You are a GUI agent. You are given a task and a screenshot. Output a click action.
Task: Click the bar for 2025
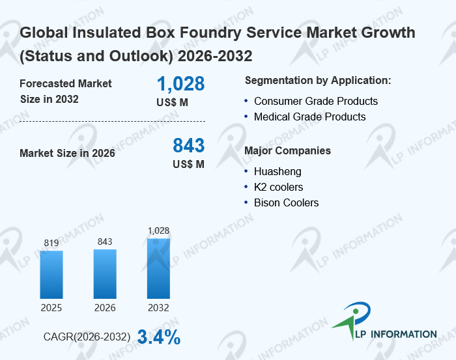tap(51, 274)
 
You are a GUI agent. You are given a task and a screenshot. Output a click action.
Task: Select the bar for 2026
tap(105, 273)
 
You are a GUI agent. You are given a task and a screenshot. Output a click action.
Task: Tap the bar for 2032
tap(158, 268)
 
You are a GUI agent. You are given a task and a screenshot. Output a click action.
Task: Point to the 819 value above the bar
tap(51, 243)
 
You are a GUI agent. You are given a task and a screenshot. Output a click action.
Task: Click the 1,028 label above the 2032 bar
tap(158, 230)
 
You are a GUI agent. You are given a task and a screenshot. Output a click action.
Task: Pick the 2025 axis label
tap(51, 307)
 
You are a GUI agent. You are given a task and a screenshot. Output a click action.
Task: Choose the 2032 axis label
tap(158, 307)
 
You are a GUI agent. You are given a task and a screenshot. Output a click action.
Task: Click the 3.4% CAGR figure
tap(158, 337)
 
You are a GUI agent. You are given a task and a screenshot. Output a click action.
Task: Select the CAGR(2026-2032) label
tap(87, 337)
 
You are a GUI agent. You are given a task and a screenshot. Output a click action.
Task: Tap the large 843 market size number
tap(188, 145)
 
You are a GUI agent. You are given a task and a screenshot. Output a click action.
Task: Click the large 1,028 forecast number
tap(180, 84)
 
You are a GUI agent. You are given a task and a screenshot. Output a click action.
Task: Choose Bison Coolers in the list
tap(286, 203)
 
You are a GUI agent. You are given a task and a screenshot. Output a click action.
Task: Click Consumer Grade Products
tap(315, 102)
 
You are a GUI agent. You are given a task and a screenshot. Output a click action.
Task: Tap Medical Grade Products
tap(309, 117)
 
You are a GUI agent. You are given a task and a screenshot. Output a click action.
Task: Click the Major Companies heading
tap(287, 151)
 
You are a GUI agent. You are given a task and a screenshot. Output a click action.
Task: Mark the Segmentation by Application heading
tap(318, 81)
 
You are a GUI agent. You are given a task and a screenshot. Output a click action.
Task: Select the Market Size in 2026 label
tap(67, 154)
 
